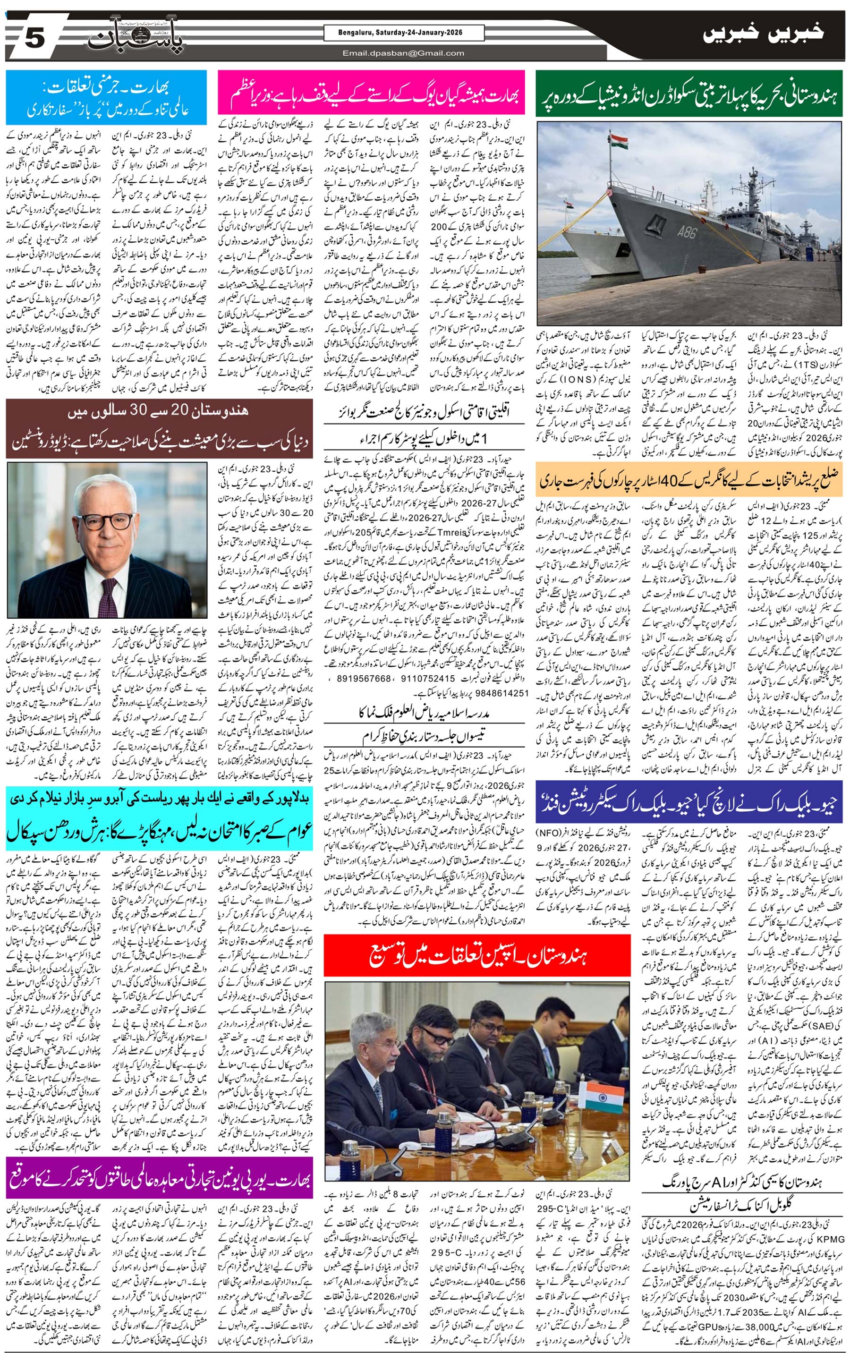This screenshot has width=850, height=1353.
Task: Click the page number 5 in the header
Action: [x=34, y=39]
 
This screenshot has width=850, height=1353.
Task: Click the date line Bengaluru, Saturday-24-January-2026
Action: [x=403, y=33]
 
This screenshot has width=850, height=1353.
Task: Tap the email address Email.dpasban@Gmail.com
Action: [x=403, y=53]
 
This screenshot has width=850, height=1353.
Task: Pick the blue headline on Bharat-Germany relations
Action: [x=106, y=97]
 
